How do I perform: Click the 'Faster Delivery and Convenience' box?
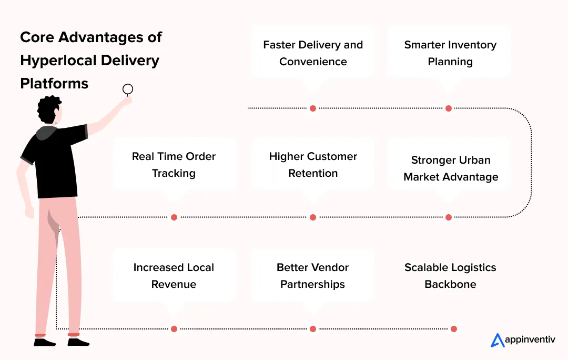click(313, 53)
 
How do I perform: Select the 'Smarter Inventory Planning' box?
click(450, 53)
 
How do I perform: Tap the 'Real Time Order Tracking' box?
click(174, 165)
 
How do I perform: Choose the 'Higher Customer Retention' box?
click(313, 165)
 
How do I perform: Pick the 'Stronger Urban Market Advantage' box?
click(450, 168)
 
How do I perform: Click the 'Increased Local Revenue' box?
click(174, 276)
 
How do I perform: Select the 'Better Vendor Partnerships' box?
click(313, 276)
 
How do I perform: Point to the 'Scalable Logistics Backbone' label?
click(450, 276)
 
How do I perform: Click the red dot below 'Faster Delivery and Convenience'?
click(313, 108)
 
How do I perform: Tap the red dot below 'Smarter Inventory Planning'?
click(449, 108)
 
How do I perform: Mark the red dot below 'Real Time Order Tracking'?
click(174, 217)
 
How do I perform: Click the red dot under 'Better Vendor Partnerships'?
click(313, 329)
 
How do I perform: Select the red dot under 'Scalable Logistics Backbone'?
click(454, 329)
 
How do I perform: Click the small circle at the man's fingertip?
click(128, 89)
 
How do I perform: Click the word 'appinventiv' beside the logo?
click(530, 341)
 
